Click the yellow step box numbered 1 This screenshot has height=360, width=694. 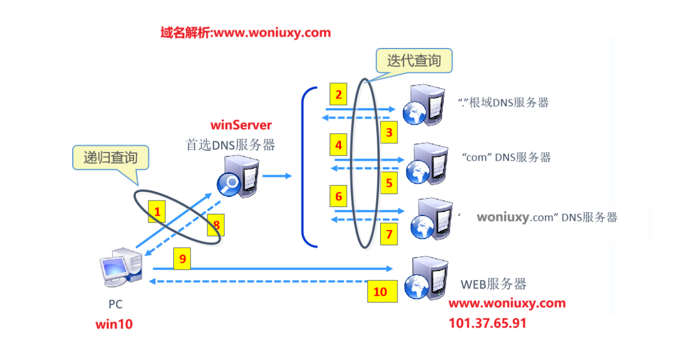[157, 211]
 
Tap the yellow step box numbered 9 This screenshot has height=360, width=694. [182, 258]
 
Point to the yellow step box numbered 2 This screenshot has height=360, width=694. [339, 95]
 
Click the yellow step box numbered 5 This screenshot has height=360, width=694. [389, 183]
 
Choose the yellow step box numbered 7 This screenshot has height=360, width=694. [389, 234]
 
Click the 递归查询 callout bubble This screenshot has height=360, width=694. [110, 157]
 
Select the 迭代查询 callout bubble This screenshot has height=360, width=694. [414, 61]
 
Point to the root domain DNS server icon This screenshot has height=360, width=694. [425, 105]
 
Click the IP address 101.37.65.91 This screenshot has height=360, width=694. [487, 323]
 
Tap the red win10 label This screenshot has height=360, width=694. [114, 324]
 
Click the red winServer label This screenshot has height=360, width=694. [241, 124]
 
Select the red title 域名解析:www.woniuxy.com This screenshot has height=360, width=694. [246, 32]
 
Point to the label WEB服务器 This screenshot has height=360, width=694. [493, 284]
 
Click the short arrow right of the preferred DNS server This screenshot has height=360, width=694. [278, 176]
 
